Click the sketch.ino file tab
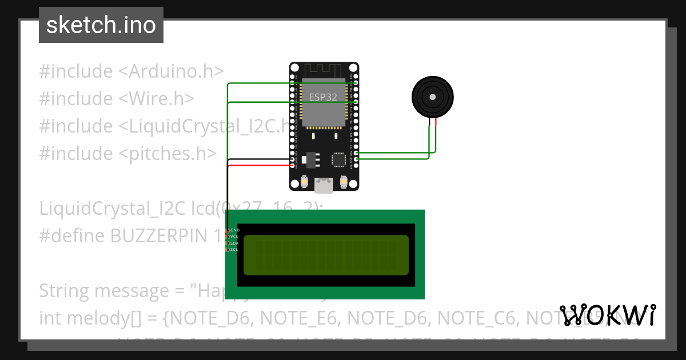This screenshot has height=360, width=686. (x=101, y=25)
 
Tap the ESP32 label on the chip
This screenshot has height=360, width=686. (x=323, y=97)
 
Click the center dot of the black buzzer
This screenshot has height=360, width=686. (x=433, y=97)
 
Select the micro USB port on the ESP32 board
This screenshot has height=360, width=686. (x=324, y=185)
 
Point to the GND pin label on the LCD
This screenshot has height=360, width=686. (x=234, y=230)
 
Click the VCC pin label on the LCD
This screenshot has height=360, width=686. (x=234, y=237)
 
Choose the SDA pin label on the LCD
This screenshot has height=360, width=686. (x=234, y=243)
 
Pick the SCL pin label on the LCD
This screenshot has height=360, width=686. (x=234, y=249)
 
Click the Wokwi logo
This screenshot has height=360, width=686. (x=608, y=315)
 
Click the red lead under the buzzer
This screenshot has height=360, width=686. (x=436, y=121)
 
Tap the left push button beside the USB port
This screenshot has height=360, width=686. (x=304, y=182)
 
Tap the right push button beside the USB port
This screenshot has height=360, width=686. (x=344, y=182)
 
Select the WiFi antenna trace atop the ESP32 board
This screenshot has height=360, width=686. (x=324, y=71)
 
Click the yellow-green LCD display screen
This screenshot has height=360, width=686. (x=326, y=255)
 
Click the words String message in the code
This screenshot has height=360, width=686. (x=103, y=291)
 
